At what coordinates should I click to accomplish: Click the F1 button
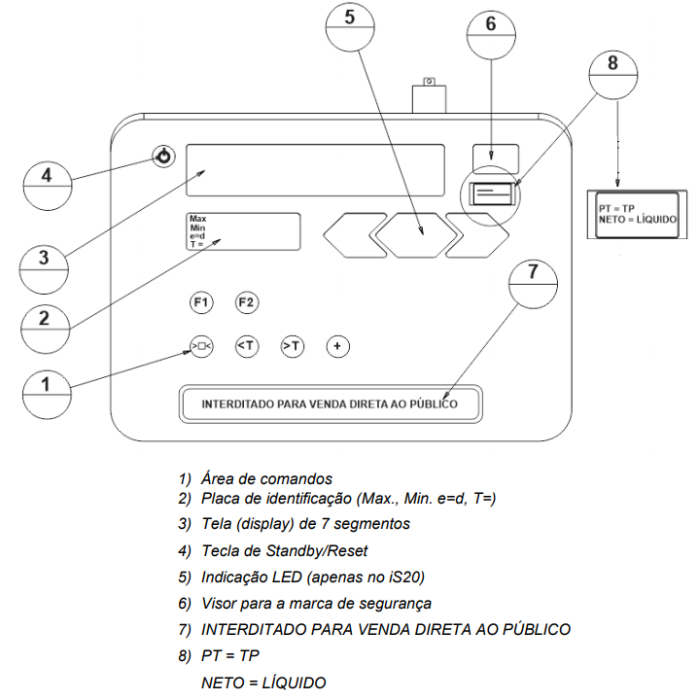click(201, 302)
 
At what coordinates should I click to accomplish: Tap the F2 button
click(247, 302)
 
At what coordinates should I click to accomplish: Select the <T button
click(247, 346)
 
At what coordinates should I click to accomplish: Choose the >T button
click(293, 346)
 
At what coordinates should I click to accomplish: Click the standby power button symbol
click(163, 157)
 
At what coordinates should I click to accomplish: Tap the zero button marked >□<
click(202, 346)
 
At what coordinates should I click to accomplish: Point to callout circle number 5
click(350, 27)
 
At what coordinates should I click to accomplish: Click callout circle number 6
click(491, 34)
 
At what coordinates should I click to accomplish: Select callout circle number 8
click(613, 75)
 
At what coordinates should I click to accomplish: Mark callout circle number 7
click(533, 284)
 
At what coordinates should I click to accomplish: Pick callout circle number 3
click(44, 269)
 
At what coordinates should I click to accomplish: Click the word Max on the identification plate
click(197, 219)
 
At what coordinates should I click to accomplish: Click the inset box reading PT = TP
click(638, 215)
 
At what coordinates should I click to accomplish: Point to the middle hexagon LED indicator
click(416, 235)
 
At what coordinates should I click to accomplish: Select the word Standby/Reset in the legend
click(316, 551)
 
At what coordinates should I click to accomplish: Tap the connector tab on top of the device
click(429, 95)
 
